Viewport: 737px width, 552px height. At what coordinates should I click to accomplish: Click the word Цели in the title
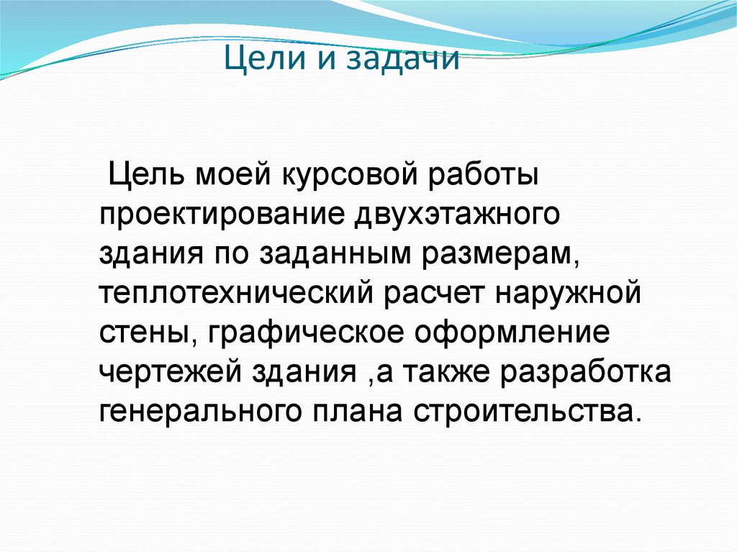258,58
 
